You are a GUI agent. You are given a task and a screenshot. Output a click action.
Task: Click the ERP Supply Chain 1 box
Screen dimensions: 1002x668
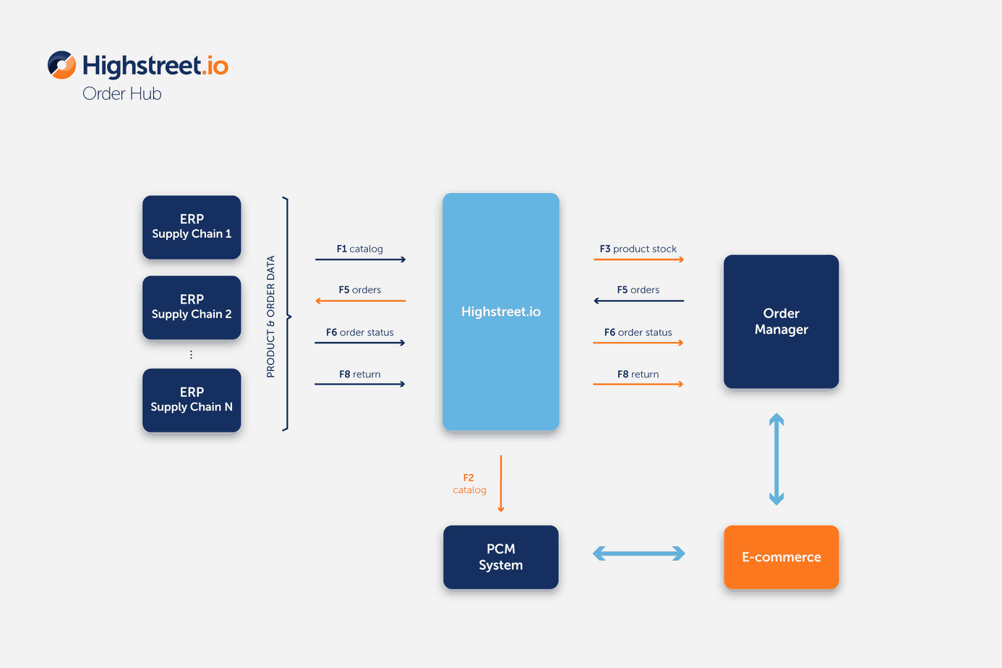192,227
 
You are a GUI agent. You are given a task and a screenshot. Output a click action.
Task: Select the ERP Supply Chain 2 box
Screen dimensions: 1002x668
192,307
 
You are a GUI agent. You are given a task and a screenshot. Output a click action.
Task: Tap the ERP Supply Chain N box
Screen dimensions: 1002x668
192,400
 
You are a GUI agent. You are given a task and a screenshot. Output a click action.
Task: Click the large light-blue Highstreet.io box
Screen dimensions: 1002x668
500,312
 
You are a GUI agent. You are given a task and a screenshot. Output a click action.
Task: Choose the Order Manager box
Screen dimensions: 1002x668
781,321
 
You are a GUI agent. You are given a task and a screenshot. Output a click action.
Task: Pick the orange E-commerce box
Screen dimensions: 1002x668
781,557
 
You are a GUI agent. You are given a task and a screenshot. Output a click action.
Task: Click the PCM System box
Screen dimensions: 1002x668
500,557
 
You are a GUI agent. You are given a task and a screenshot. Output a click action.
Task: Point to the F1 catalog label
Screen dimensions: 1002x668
359,249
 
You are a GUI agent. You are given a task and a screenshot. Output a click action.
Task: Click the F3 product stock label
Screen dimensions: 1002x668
638,249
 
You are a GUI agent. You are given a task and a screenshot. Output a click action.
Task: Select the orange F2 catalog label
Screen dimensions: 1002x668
469,484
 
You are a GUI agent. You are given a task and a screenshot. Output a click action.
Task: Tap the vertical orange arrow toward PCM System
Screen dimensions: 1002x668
501,484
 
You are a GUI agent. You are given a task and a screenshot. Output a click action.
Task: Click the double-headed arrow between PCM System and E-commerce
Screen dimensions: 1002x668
639,554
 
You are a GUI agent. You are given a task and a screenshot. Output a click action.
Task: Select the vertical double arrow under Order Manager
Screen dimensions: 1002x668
776,459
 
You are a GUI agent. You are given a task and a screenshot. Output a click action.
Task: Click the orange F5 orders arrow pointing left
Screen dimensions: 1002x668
361,301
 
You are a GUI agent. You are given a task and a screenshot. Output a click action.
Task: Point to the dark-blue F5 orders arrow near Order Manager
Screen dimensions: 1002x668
639,301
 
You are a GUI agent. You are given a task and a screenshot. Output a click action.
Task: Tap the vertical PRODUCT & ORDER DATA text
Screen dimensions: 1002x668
270,317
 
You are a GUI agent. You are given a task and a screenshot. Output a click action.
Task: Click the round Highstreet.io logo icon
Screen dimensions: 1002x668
61,65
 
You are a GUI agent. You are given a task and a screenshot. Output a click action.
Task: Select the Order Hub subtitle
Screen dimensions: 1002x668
121,94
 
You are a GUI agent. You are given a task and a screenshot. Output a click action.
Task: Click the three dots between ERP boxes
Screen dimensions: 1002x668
191,354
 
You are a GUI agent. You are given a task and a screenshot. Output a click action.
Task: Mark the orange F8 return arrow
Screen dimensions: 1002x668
638,384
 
